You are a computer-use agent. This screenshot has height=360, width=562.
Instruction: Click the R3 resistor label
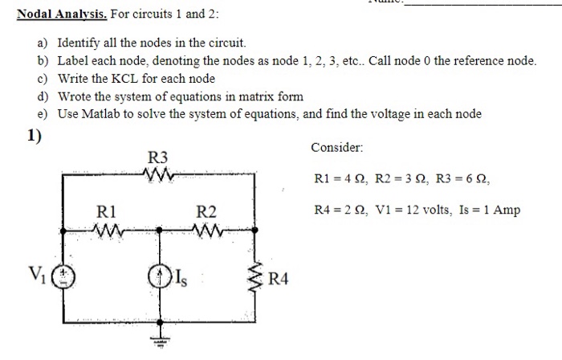158,156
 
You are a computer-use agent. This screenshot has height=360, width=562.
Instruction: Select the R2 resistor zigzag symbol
206,231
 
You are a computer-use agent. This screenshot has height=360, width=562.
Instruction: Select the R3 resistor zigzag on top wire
157,172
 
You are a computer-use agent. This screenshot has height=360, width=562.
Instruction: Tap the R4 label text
278,280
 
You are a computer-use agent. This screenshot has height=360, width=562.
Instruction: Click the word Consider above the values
336,149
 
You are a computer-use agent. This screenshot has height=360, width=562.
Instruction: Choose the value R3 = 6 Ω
457,178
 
